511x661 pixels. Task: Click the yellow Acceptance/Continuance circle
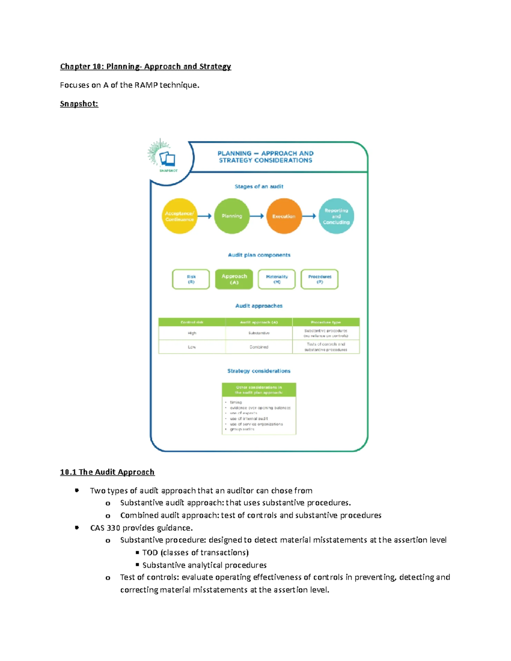pyautogui.click(x=179, y=216)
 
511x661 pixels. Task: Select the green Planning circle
pyautogui.click(x=232, y=216)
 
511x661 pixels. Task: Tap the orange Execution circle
pyautogui.click(x=284, y=216)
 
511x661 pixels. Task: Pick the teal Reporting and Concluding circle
pyautogui.click(x=336, y=216)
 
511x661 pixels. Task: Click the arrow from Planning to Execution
pyautogui.click(x=257, y=216)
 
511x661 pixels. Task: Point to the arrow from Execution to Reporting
pyautogui.click(x=309, y=216)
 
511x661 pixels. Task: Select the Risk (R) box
pyautogui.click(x=191, y=279)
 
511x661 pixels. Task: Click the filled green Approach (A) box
pyautogui.click(x=234, y=279)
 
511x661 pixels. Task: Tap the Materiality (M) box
pyautogui.click(x=277, y=279)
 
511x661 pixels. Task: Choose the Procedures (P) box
pyautogui.click(x=319, y=279)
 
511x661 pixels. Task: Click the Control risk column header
pyautogui.click(x=192, y=322)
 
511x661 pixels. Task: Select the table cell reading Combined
pyautogui.click(x=259, y=347)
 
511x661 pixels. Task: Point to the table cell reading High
pyautogui.click(x=192, y=333)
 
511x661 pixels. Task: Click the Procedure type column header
pyautogui.click(x=326, y=322)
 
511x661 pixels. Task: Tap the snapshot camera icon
pyautogui.click(x=167, y=159)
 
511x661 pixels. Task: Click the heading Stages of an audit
pyautogui.click(x=259, y=186)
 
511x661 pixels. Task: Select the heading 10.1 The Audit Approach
pyautogui.click(x=107, y=472)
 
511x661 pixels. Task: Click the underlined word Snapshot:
pyautogui.click(x=79, y=104)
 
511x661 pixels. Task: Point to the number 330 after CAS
pyautogui.click(x=113, y=528)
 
